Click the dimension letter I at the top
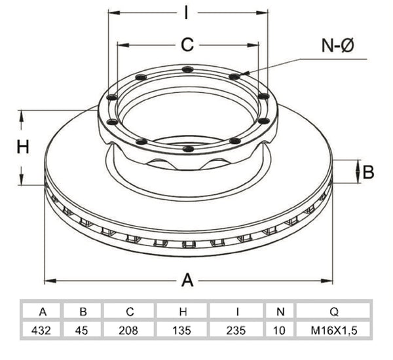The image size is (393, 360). coord(186,12)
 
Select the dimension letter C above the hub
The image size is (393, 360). coord(187,45)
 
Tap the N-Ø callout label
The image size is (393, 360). coord(337,46)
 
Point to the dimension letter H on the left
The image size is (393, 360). coord(23,147)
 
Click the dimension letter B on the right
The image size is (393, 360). coord(368,172)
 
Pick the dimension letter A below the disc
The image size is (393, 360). coord(187,280)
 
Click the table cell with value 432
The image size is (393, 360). coord(41,331)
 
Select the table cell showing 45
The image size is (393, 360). coord(82,331)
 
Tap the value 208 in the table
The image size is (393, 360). coord(128,331)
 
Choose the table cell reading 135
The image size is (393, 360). coord(182,331)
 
